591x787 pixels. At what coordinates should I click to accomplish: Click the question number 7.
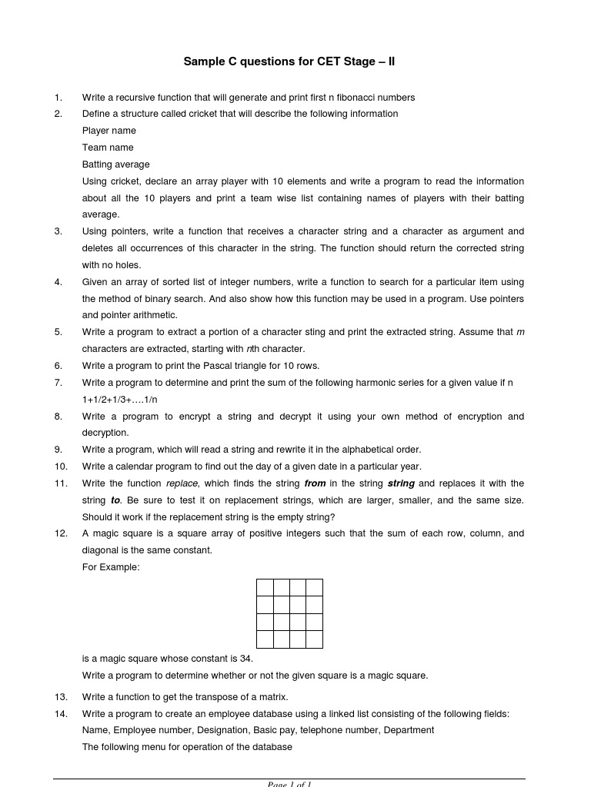coord(58,383)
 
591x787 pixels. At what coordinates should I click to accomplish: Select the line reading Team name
coord(108,148)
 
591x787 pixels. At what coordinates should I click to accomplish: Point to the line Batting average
coord(116,164)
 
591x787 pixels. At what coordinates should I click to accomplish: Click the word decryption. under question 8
coord(105,433)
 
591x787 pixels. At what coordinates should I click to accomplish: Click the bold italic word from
coord(316,483)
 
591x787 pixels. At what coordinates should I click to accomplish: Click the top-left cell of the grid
coord(265,588)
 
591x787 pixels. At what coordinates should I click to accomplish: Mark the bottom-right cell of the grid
coord(314,639)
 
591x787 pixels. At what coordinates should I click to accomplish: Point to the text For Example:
coord(111,567)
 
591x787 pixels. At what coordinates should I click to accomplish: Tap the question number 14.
coord(61,714)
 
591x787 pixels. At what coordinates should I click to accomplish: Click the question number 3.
coord(58,231)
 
